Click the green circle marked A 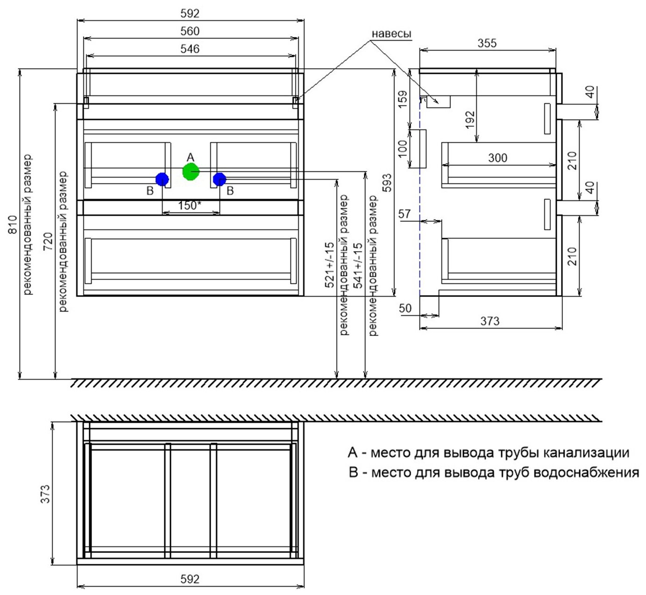pos(191,172)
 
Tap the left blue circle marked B pos(162,179)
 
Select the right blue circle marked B pos(219,179)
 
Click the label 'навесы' pos(391,34)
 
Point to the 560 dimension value pos(190,31)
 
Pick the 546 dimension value pos(190,49)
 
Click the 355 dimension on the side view pos(487,43)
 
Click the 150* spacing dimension pos(190,205)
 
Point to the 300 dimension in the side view pos(497,158)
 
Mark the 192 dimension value pos(470,119)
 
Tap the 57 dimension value pos(405,214)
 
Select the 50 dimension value pos(405,308)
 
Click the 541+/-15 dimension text pos(358,264)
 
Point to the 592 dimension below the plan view pos(190,579)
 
